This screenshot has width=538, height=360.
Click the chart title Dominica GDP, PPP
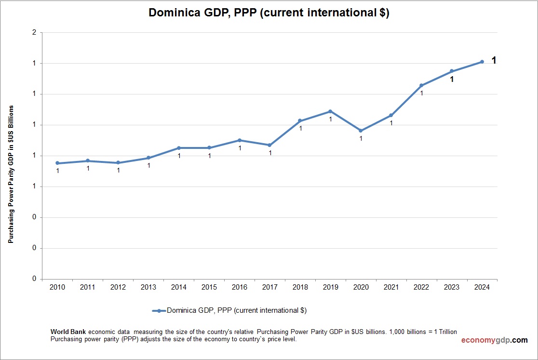[x=269, y=13]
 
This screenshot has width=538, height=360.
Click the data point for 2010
[x=57, y=163]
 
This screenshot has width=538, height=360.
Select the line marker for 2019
[x=330, y=111]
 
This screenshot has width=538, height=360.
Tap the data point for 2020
[x=361, y=131]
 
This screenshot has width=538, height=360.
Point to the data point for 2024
[x=482, y=62]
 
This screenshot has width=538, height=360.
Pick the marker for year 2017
[x=269, y=145]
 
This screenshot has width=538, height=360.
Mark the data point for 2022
[x=421, y=85]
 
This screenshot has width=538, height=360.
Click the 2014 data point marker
[x=179, y=148]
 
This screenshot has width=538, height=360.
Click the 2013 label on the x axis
[x=148, y=287]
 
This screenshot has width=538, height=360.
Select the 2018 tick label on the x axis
[x=300, y=287]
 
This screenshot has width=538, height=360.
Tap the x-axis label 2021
[x=391, y=287]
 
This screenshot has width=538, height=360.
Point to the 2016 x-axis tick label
[x=240, y=287]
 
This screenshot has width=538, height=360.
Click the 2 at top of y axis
[x=34, y=33]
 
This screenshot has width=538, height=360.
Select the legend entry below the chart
[x=229, y=311]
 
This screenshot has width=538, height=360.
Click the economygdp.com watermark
[x=494, y=340]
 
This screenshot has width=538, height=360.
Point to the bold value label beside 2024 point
[x=494, y=60]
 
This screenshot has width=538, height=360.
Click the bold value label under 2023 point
[x=452, y=79]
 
